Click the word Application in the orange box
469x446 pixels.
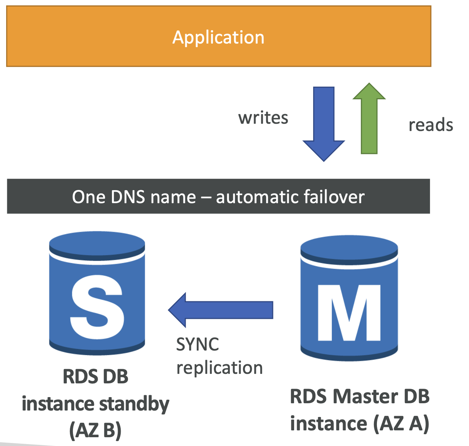coord(218,38)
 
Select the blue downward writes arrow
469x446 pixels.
coord(324,124)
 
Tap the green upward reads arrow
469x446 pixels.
coord(369,118)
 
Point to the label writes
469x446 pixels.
coord(263,118)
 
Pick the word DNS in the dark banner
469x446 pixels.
coord(128,197)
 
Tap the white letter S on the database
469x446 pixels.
coord(97,307)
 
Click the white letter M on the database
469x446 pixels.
coord(349,313)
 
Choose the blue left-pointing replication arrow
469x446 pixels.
coord(220,310)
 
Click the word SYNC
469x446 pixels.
coord(197,344)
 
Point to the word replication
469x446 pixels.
coord(220,368)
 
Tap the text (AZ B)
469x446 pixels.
coord(95,430)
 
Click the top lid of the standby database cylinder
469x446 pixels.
coord(97,246)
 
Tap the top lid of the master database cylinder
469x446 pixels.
coord(349,250)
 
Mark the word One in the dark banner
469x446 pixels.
coord(89,197)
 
